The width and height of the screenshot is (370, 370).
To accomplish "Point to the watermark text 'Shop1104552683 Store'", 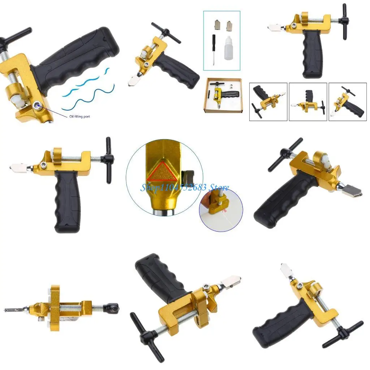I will point(184,188).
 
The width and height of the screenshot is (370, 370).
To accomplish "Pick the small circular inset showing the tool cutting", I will point(221,210).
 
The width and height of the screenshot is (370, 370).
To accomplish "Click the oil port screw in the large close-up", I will point(37,105).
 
